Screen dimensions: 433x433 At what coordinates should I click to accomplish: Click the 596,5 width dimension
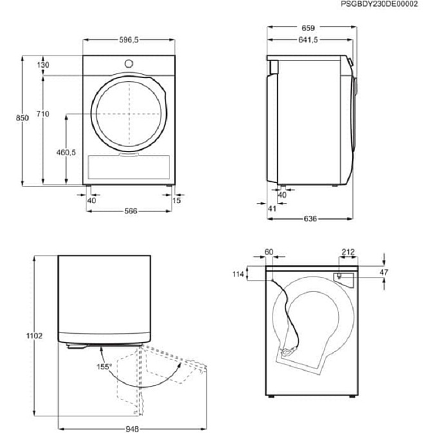pos(129,40)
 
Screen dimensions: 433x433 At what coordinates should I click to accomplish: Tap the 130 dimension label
pos(43,66)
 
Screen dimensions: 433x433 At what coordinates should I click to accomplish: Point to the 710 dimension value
pos(43,114)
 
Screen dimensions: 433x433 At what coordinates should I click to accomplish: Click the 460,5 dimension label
pos(66,153)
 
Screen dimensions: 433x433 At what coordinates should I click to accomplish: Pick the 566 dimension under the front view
pos(131,211)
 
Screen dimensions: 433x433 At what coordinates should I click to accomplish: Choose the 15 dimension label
pos(177,200)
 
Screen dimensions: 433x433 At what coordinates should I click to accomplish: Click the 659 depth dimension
pos(309,28)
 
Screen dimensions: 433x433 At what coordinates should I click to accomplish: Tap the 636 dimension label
pos(309,219)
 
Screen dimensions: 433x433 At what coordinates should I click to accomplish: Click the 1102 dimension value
pos(35,336)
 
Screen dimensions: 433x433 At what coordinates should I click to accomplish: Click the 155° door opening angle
pos(105,367)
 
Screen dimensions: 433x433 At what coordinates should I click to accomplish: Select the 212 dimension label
pos(347,252)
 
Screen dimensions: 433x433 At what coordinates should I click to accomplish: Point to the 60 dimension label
pos(269,252)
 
